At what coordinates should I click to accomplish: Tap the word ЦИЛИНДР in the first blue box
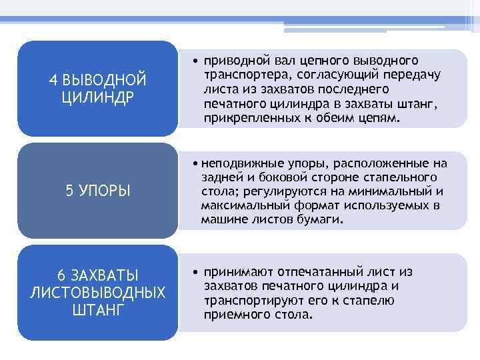coord(97,97)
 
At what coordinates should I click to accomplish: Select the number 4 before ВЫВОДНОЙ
coord(54,80)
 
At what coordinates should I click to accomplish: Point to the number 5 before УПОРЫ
coord(70,191)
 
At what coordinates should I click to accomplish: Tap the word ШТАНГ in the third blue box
coord(97,309)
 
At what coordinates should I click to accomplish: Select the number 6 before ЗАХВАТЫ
coord(61,275)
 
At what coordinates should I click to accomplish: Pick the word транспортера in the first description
coord(245,75)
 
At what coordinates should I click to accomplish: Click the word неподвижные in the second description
coord(237,163)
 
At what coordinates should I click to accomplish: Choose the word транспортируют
coord(254,300)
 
